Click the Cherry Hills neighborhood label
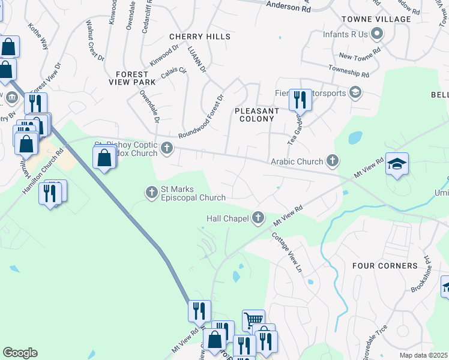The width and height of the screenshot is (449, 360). coord(200,37)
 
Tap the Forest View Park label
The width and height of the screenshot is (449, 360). coord(131,78)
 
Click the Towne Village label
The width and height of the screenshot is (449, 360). coord(384,19)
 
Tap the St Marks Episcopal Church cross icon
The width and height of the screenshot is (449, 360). coord(151,192)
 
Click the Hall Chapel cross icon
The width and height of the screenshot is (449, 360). coord(258,218)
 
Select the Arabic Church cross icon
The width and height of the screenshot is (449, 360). coord(333,161)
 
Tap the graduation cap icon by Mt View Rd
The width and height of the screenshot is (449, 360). coord(397,164)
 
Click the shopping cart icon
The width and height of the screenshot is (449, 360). coord(253,320)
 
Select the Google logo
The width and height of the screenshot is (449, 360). coord(20,353)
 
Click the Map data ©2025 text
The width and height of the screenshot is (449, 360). coord(423,355)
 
